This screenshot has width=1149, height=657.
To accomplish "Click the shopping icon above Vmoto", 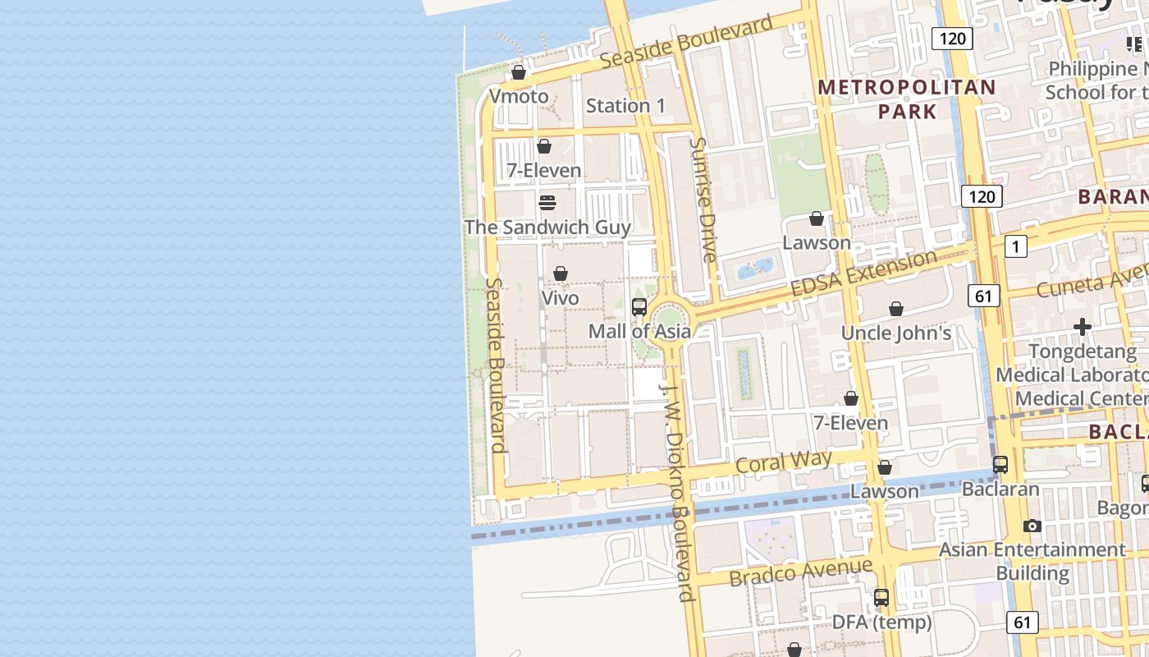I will tap(519, 73).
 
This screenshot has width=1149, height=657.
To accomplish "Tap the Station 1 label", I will tap(625, 106).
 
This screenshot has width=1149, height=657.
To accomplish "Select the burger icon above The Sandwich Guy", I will tap(547, 203).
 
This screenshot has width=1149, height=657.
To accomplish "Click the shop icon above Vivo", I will tap(561, 273).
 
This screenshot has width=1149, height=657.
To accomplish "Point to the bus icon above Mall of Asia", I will tap(639, 308).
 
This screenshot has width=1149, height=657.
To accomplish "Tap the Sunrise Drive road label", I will tap(703, 199).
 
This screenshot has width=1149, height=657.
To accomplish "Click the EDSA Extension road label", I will tap(863, 273).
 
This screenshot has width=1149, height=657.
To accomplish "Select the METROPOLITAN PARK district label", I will tap(907, 99).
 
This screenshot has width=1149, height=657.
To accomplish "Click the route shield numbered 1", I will tap(1015, 246).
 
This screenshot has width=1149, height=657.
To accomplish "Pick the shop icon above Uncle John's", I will tap(896, 309).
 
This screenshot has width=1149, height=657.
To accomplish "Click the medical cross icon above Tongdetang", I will tap(1083, 327).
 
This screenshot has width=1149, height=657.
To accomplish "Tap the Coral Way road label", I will tap(784, 462).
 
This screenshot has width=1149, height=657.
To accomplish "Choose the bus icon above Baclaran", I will tap(1000, 465).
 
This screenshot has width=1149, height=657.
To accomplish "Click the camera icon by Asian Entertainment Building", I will tap(1032, 526).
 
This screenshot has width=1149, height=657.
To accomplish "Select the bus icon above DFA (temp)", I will tap(881, 598).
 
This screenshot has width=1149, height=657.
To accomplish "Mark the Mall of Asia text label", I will tap(639, 332).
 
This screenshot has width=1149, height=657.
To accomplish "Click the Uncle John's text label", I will tap(896, 333).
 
